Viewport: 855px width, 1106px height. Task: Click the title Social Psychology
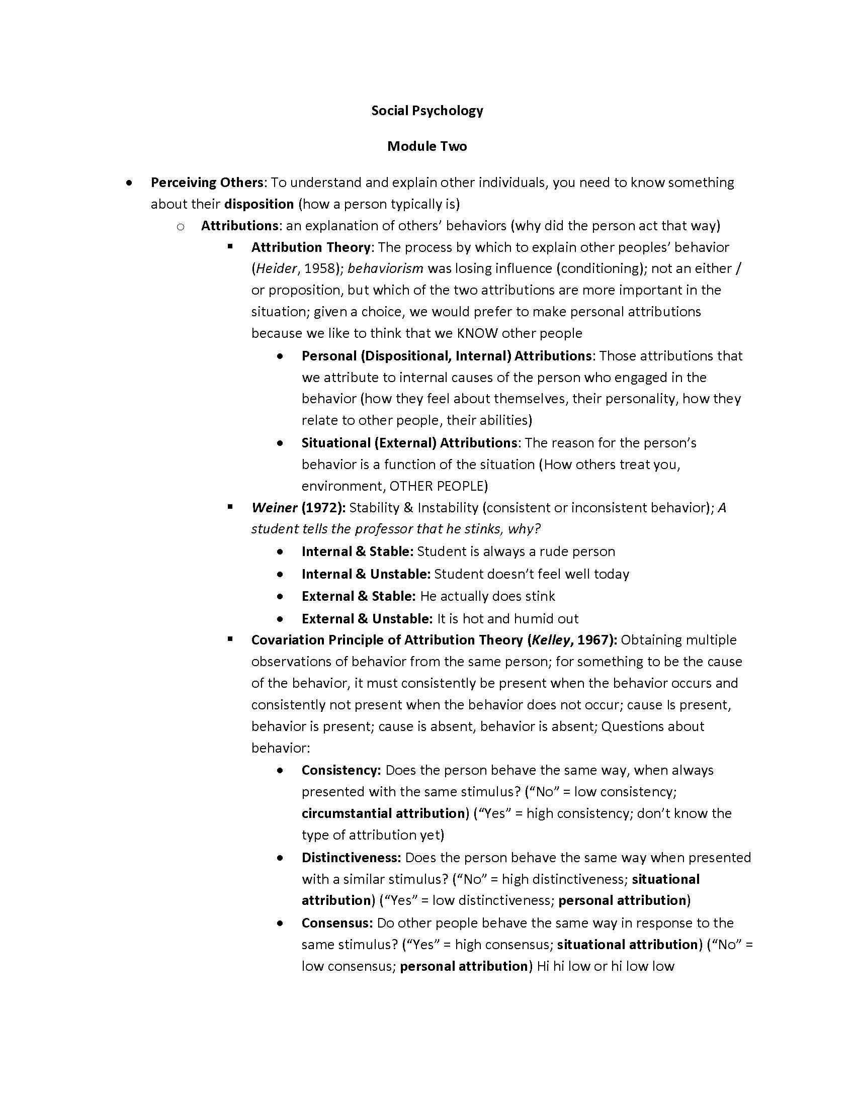tap(427, 111)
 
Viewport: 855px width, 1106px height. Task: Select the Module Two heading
tap(427, 146)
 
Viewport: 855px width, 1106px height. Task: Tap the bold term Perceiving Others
tap(207, 182)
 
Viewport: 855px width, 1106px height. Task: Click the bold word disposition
tap(259, 204)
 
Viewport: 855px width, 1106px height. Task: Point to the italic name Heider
tap(276, 268)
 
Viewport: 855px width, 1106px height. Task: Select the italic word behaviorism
tap(385, 268)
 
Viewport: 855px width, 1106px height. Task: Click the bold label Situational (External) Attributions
tap(409, 443)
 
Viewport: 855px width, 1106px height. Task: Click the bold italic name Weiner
tap(274, 507)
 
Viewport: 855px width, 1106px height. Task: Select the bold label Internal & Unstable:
tap(366, 574)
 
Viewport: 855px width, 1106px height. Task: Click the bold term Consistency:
tap(341, 770)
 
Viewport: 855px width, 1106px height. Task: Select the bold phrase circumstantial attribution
tap(383, 813)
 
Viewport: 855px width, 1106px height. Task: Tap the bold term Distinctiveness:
tap(351, 857)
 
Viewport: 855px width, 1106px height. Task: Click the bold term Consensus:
tap(337, 923)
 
